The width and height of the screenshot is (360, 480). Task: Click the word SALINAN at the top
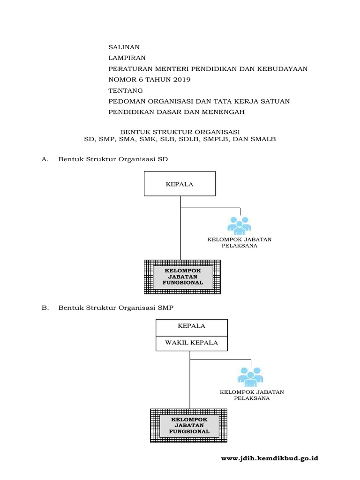124,47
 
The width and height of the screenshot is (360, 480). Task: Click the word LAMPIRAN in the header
127,58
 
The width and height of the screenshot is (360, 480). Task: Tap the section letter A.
45,159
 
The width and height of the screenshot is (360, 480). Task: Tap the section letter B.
45,307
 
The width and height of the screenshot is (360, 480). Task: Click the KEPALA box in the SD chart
180,184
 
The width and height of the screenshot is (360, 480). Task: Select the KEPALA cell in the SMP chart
192,326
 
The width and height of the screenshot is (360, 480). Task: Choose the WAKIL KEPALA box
192,343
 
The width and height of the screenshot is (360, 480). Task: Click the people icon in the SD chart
240,225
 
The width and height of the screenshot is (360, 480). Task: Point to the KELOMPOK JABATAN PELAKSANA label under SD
240,242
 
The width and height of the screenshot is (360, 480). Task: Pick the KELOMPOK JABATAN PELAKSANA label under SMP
252,395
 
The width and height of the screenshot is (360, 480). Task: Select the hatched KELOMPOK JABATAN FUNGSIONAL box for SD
183,277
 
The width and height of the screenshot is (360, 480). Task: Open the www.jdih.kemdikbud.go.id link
269,458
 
